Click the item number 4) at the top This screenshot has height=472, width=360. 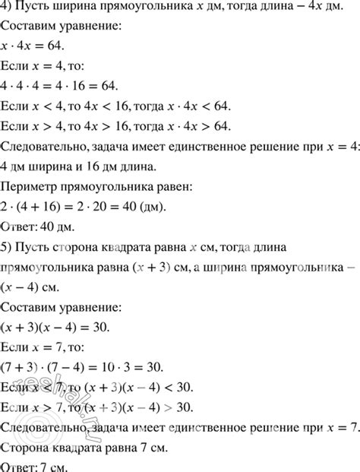coord(8,11)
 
